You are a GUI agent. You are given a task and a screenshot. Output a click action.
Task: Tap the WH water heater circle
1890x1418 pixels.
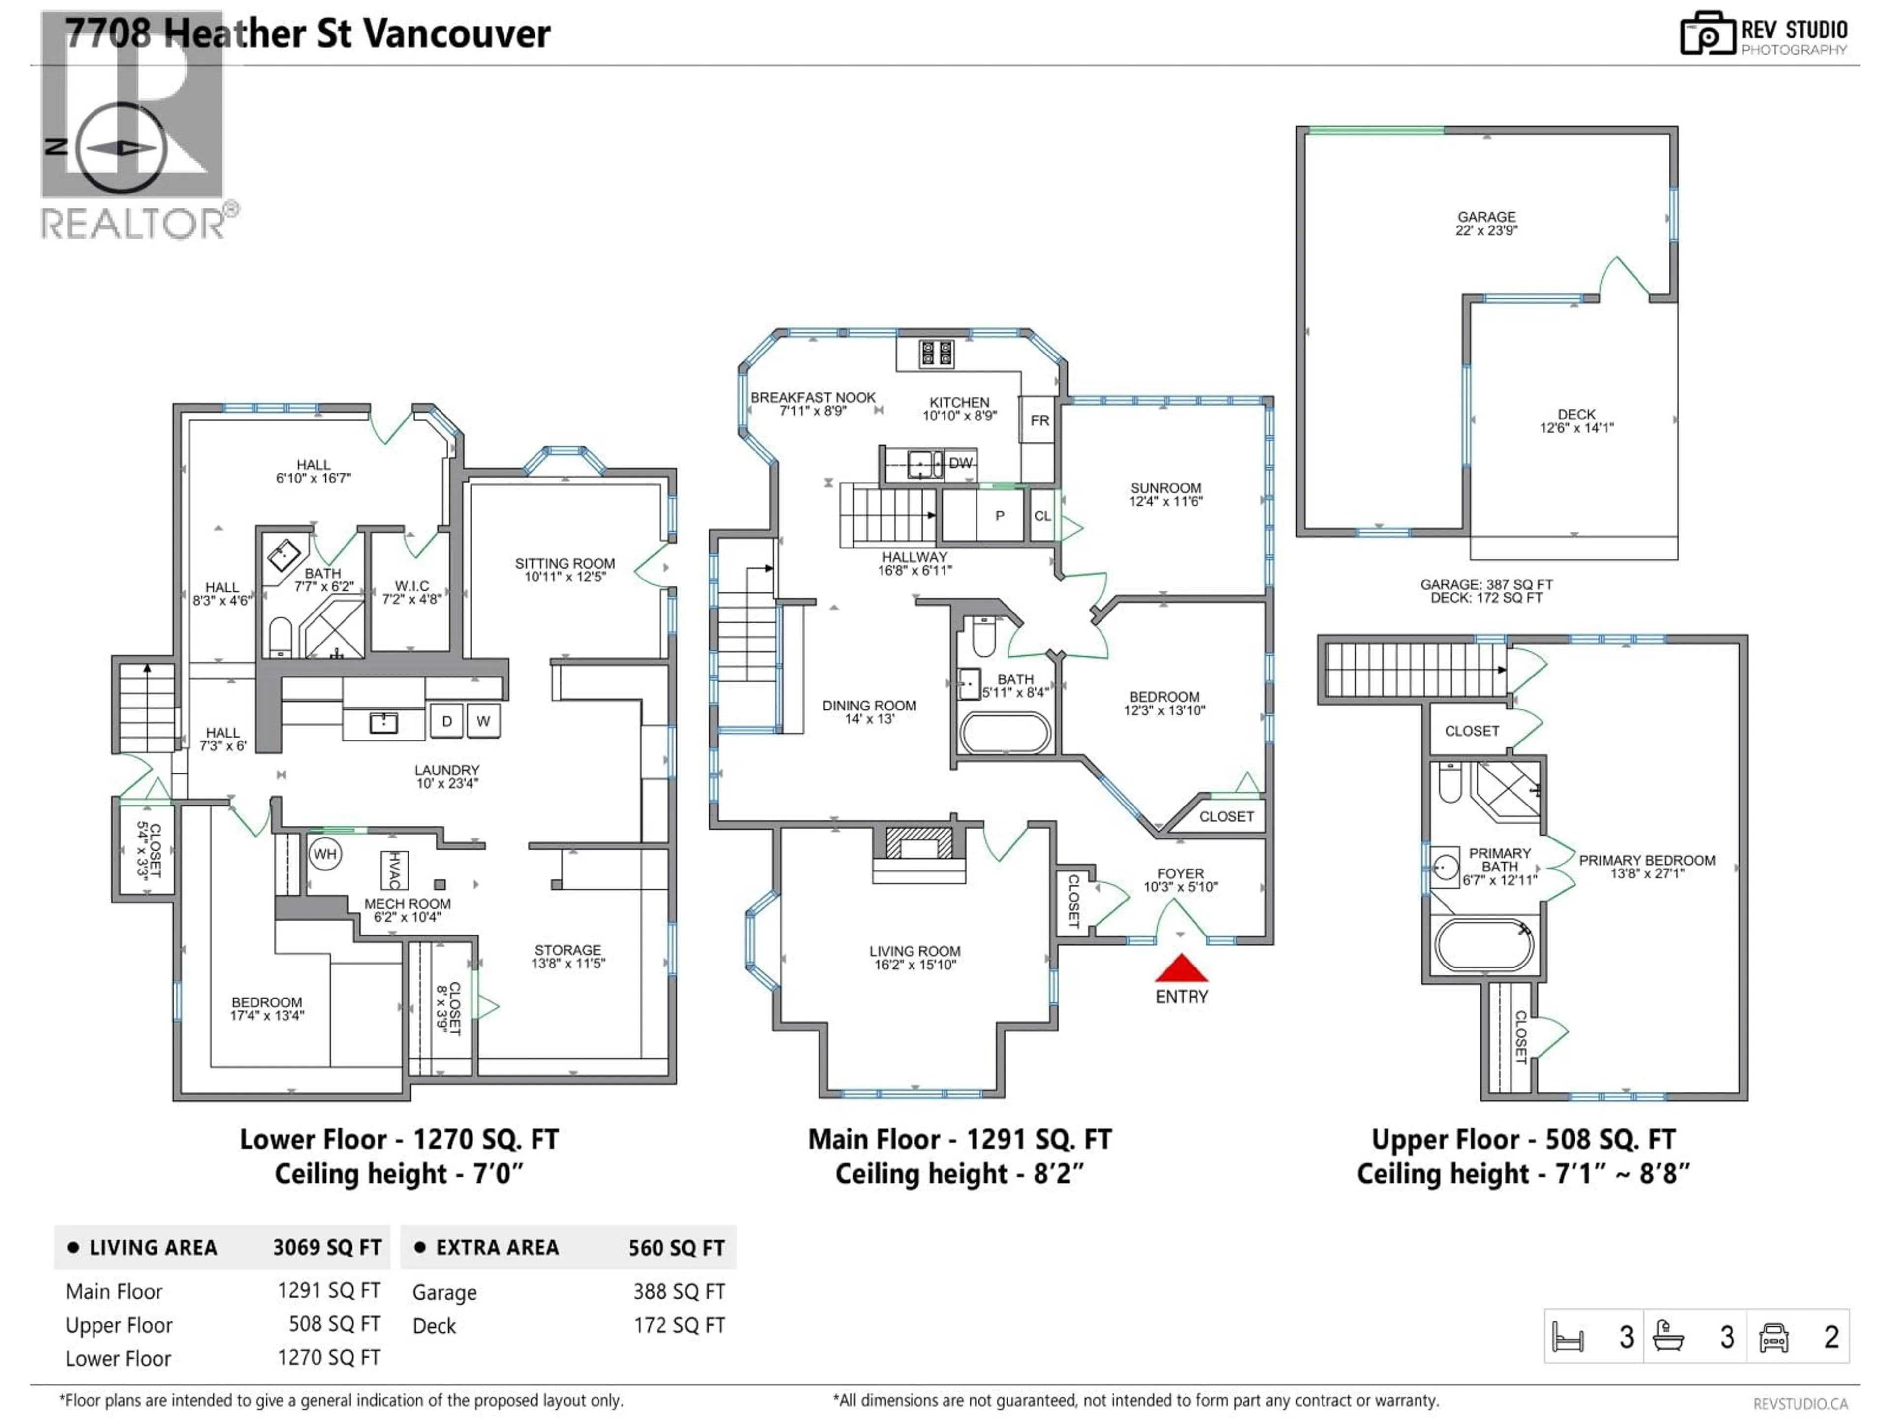pyautogui.click(x=325, y=854)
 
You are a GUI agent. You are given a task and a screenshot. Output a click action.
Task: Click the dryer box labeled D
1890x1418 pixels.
pyautogui.click(x=446, y=720)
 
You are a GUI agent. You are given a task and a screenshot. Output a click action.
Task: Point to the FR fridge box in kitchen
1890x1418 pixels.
pyautogui.click(x=1039, y=419)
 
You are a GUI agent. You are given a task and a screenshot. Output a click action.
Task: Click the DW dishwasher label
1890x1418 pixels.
pyautogui.click(x=960, y=463)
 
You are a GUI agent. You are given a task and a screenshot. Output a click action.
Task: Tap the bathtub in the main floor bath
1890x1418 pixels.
pyautogui.click(x=1006, y=733)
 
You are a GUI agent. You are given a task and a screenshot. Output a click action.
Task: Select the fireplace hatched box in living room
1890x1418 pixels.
pyautogui.click(x=918, y=843)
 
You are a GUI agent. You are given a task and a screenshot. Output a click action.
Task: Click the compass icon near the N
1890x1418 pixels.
pyautogui.click(x=122, y=148)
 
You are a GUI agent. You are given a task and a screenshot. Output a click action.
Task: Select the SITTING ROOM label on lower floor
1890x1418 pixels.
pyautogui.click(x=565, y=569)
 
